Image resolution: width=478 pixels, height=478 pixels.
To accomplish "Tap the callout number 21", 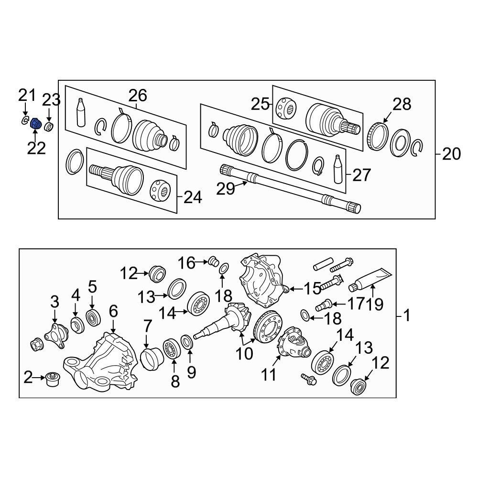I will tap(27, 96).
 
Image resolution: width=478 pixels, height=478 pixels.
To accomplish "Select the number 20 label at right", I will tap(451, 154).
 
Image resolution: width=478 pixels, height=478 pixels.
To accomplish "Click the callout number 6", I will tap(113, 312).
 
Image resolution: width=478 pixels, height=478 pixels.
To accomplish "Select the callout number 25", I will tap(260, 104).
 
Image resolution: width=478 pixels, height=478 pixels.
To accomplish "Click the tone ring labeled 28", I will tap(377, 135).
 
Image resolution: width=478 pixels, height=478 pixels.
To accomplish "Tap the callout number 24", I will tap(193, 196).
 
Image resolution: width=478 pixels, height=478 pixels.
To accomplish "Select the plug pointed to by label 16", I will tap(214, 261).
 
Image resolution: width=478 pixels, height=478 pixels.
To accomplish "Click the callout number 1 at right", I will tap(407, 316).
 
